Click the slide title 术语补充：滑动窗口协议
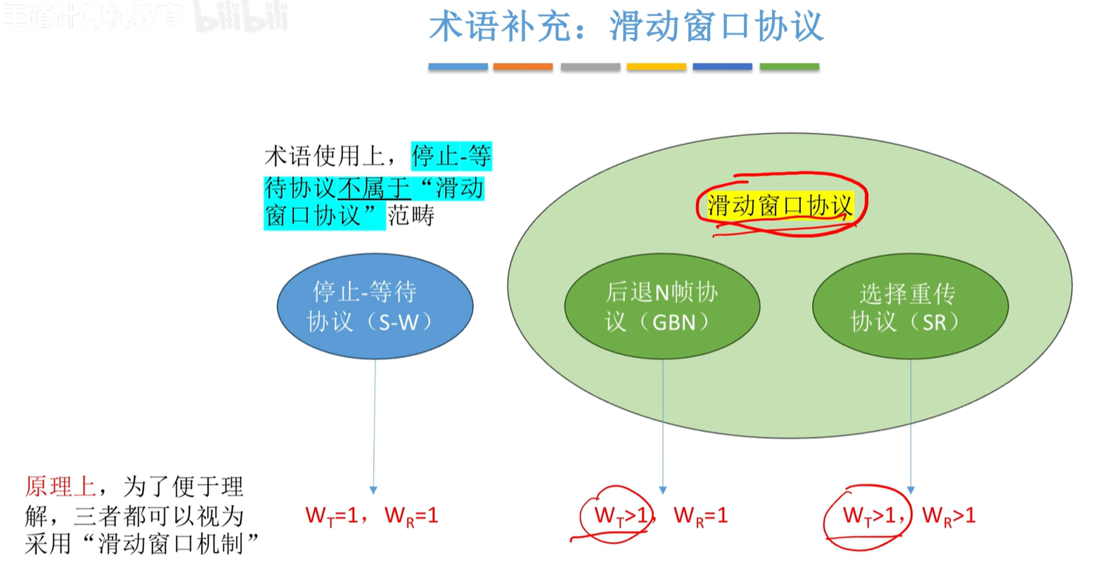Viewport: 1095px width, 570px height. click(x=626, y=27)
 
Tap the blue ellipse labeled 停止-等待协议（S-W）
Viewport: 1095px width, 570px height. click(x=375, y=305)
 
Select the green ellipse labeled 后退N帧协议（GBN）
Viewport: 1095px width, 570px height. click(x=662, y=306)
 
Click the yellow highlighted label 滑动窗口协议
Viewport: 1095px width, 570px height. click(x=780, y=205)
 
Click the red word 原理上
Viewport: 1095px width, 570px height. click(x=60, y=486)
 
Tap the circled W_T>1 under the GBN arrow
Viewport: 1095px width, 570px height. click(x=617, y=515)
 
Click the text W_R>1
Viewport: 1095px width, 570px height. click(x=949, y=515)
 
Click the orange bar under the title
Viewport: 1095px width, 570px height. click(x=523, y=67)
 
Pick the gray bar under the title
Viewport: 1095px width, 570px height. click(x=590, y=67)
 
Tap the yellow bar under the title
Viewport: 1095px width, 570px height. click(x=656, y=67)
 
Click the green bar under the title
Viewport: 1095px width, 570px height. click(x=789, y=67)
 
